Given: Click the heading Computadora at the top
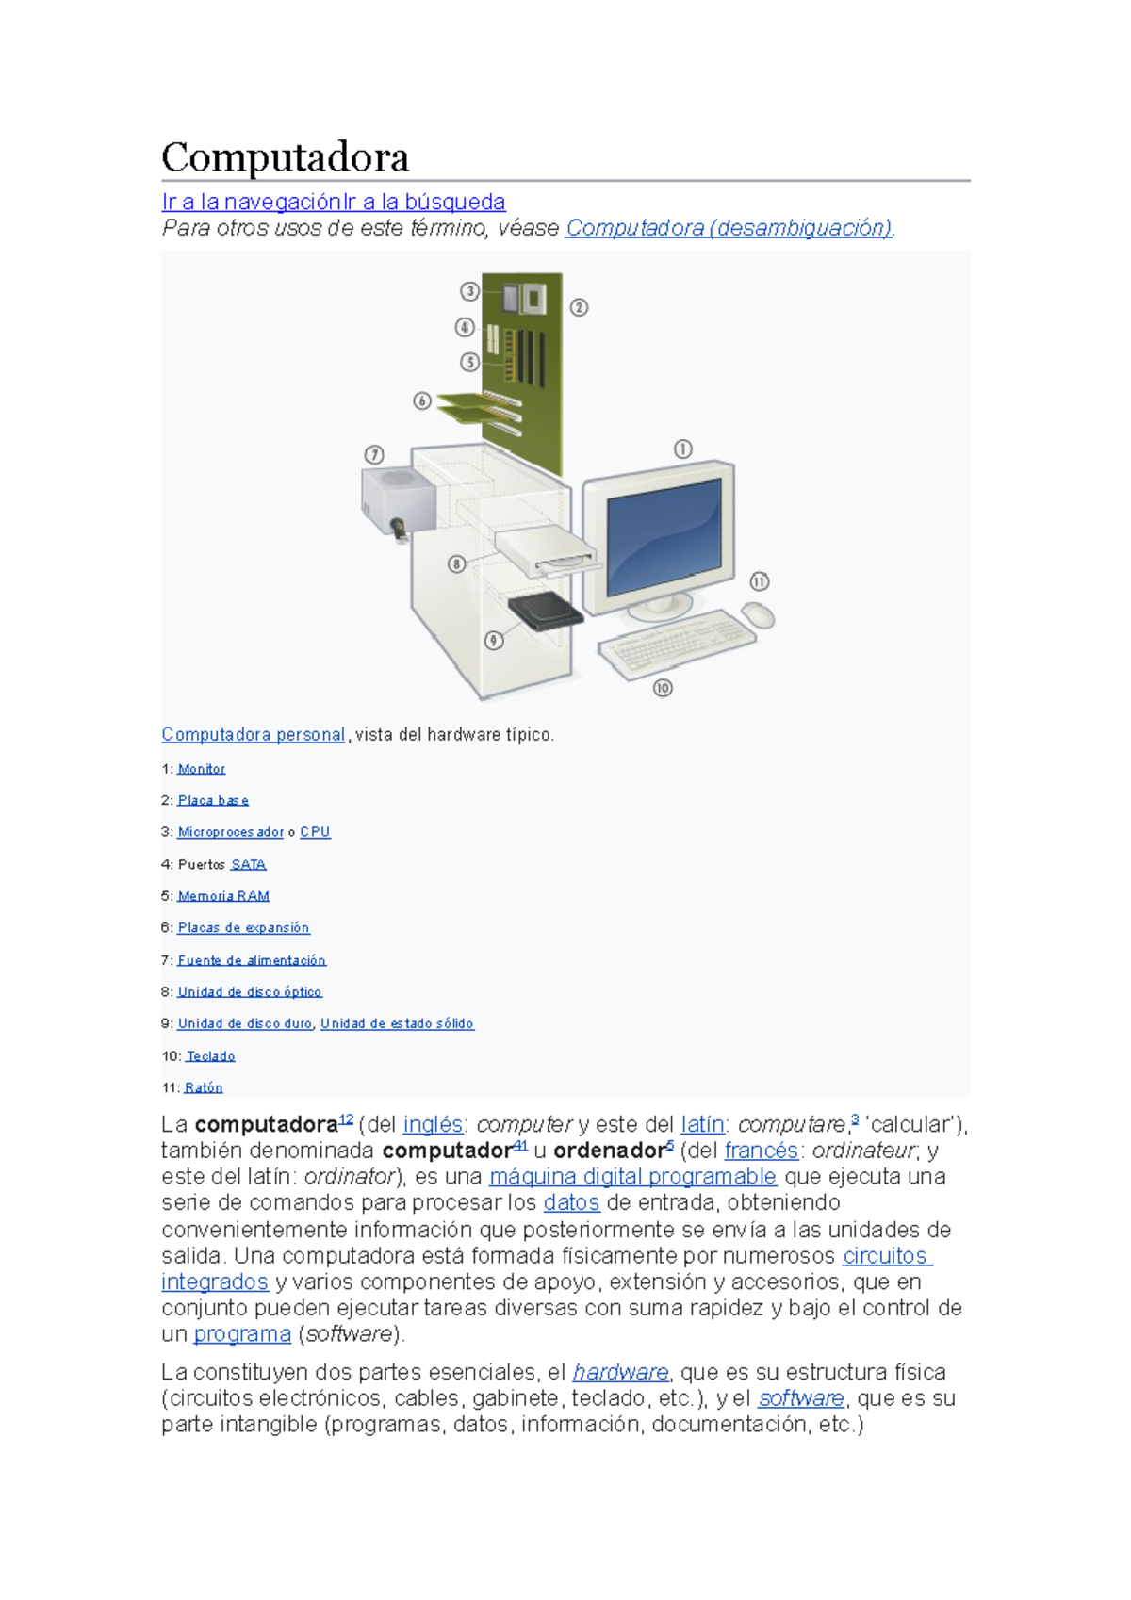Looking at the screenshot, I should (285, 157).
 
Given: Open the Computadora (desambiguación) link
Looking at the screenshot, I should (729, 228).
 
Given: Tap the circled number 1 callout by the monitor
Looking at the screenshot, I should (682, 449).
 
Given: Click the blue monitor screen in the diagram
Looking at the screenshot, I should (664, 537).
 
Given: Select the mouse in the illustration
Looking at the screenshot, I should (759, 615).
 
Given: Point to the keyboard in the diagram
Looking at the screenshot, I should (677, 642).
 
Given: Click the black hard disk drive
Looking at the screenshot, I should (545, 612).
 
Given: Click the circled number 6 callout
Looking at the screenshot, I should (422, 400).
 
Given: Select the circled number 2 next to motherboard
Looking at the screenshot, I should (579, 307).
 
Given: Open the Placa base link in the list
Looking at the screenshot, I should (213, 800).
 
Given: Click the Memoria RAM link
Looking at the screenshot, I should (223, 896).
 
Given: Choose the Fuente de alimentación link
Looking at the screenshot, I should (252, 960).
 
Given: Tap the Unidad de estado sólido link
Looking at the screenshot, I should (397, 1023).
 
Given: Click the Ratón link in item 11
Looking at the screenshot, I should (204, 1087).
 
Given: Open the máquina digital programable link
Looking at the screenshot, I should (632, 1177).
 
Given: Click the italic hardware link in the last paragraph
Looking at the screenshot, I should (620, 1372).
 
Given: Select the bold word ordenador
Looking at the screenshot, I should (609, 1151).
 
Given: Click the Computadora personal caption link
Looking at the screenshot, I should (253, 734).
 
